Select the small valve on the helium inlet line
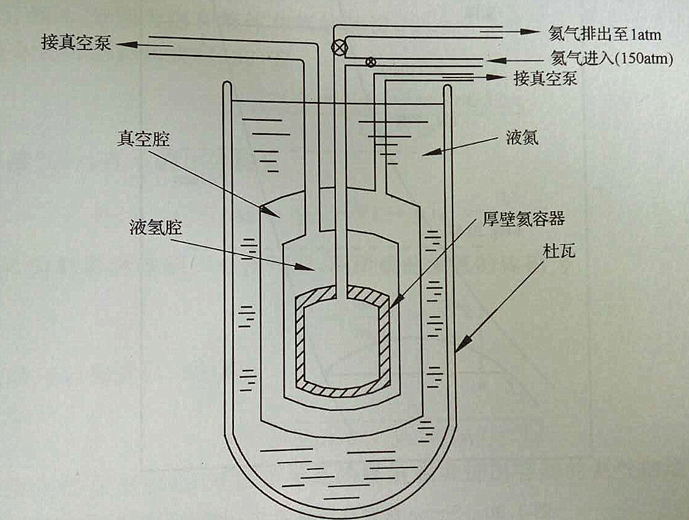click(x=370, y=62)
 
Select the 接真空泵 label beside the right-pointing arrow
click(x=545, y=79)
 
